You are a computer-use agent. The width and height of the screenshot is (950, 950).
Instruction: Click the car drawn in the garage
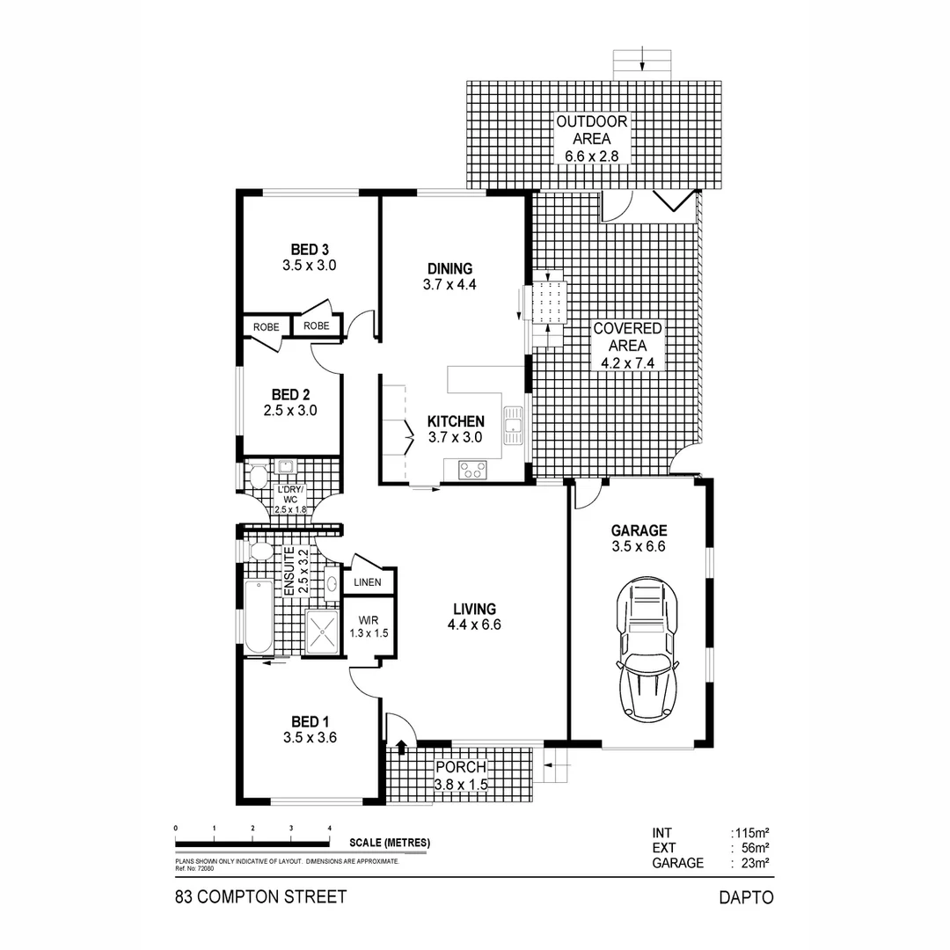pos(648,652)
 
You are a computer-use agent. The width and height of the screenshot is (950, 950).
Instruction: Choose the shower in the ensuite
pos(323,632)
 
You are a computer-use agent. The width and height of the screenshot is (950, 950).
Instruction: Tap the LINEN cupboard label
pos(369,582)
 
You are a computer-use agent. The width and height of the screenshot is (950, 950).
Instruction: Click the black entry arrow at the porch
pos(401,748)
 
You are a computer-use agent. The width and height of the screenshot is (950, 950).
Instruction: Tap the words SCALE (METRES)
pos(390,843)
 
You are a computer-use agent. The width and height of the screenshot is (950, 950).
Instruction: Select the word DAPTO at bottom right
pos(745,897)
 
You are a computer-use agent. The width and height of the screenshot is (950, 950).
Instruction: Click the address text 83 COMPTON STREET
pos(261,897)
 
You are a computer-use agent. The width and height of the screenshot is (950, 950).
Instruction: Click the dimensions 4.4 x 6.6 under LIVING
pos(475,625)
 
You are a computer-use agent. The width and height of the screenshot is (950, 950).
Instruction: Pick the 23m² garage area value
pos(754,863)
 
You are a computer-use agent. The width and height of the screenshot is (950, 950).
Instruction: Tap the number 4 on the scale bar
pos(330,829)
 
